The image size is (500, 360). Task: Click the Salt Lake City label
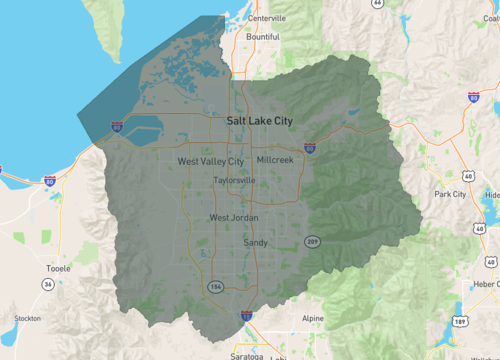pos(260,120)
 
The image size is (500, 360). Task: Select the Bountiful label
pos(263,37)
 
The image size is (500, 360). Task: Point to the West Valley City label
pos(210,161)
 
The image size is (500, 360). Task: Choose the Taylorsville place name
pos(234,181)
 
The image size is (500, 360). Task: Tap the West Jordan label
pos(233,218)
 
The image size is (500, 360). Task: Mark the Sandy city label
pos(255,242)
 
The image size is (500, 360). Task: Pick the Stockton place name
pos(27,319)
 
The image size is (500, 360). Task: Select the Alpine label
pos(312,319)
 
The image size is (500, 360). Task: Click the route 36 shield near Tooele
pos(47,284)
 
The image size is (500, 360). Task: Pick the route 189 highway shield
pos(459,322)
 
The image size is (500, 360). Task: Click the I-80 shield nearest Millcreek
pos(310,147)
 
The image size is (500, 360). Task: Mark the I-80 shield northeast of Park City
pos(473,98)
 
